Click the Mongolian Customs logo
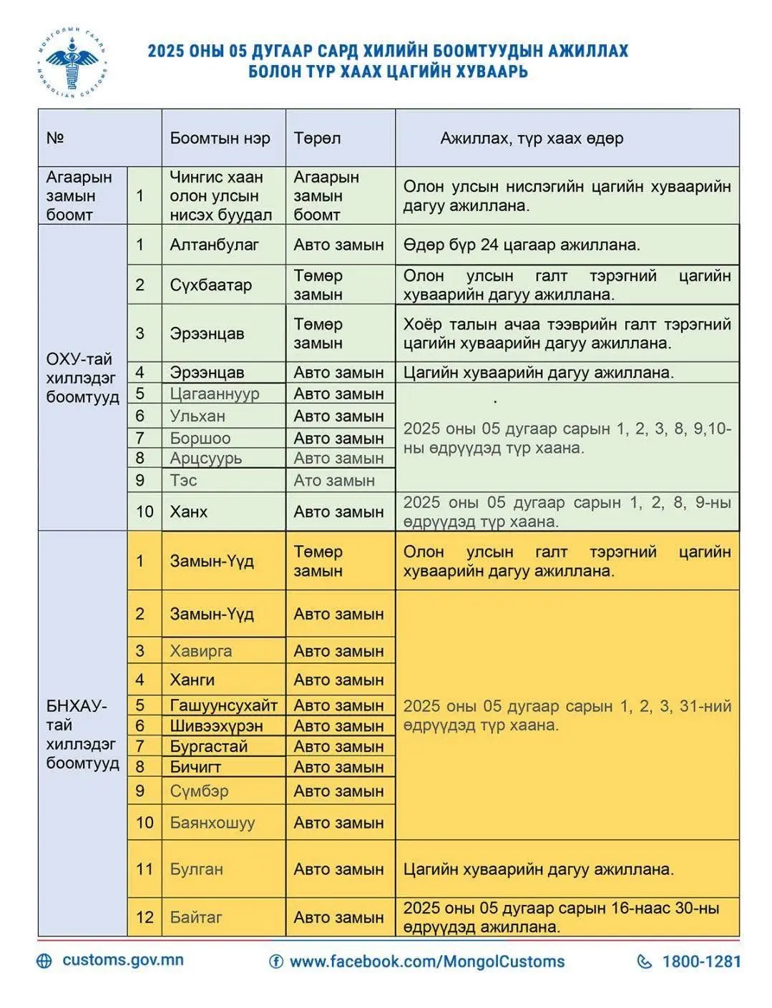point(72,62)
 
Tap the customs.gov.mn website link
point(122,960)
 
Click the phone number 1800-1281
point(701,961)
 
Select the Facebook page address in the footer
point(426,961)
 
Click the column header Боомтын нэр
point(220,138)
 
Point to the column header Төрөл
point(317,138)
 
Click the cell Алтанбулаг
point(214,245)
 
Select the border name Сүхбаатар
point(210,285)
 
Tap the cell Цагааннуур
point(214,393)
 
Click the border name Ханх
point(188,512)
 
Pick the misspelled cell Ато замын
point(333,480)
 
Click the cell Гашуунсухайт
point(223,705)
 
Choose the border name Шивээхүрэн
point(216,725)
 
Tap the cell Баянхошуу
point(212,823)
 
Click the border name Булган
point(196,869)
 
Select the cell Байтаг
point(196,917)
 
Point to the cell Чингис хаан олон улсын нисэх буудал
point(220,196)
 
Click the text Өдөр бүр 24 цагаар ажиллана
point(521,245)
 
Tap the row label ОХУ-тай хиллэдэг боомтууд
point(82,378)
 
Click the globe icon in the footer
point(44,961)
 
